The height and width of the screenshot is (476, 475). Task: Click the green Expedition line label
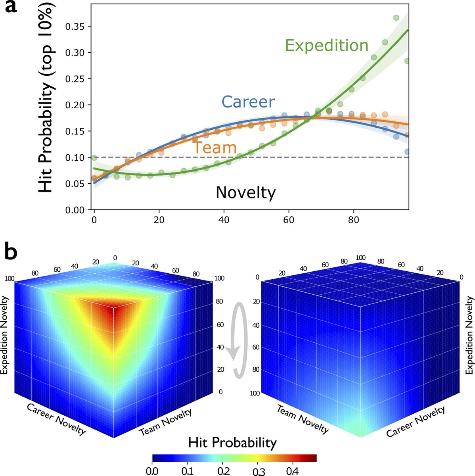(x=327, y=45)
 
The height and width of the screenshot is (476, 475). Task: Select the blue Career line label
(x=248, y=102)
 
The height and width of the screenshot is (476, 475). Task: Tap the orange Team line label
(x=215, y=147)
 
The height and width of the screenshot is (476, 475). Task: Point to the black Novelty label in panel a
(x=245, y=193)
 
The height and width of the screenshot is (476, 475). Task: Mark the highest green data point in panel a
(x=396, y=18)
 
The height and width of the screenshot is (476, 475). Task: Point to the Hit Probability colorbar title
(x=232, y=442)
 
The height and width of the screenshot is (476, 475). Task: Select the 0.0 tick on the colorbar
(x=153, y=470)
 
